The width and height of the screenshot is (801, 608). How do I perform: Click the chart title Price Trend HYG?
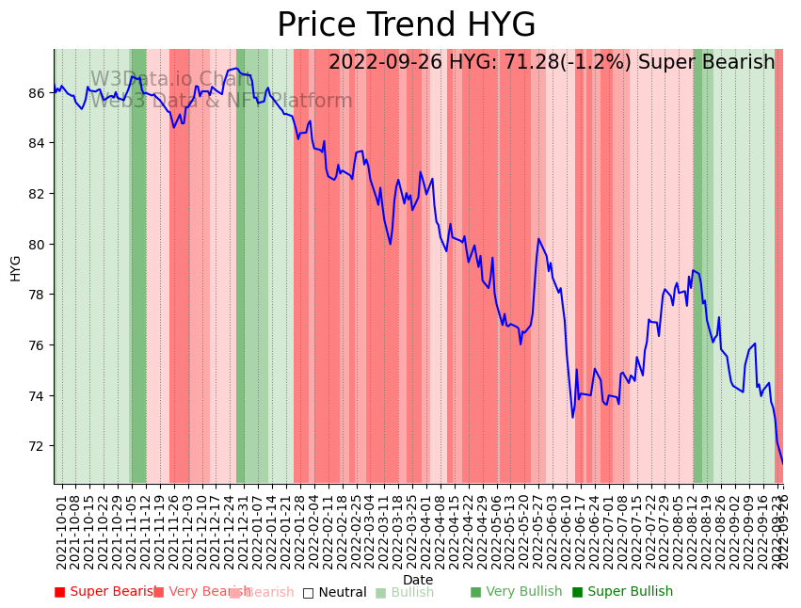(406, 25)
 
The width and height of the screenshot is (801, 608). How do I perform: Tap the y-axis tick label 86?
(37, 93)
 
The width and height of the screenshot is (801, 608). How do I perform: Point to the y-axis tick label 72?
(37, 446)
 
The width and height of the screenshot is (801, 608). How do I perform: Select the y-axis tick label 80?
(37, 245)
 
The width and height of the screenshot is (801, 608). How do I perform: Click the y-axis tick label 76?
(37, 345)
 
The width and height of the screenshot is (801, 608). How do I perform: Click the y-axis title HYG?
(15, 267)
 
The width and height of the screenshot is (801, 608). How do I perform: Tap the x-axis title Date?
(418, 581)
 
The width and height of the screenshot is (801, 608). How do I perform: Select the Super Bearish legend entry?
(105, 592)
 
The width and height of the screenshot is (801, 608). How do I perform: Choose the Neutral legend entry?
(334, 593)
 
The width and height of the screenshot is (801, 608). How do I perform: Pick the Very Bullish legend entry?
(516, 592)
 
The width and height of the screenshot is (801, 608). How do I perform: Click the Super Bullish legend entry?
(622, 592)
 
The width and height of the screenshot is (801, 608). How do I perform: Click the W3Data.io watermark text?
(169, 79)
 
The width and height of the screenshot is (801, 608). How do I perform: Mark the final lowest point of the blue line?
(782, 463)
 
